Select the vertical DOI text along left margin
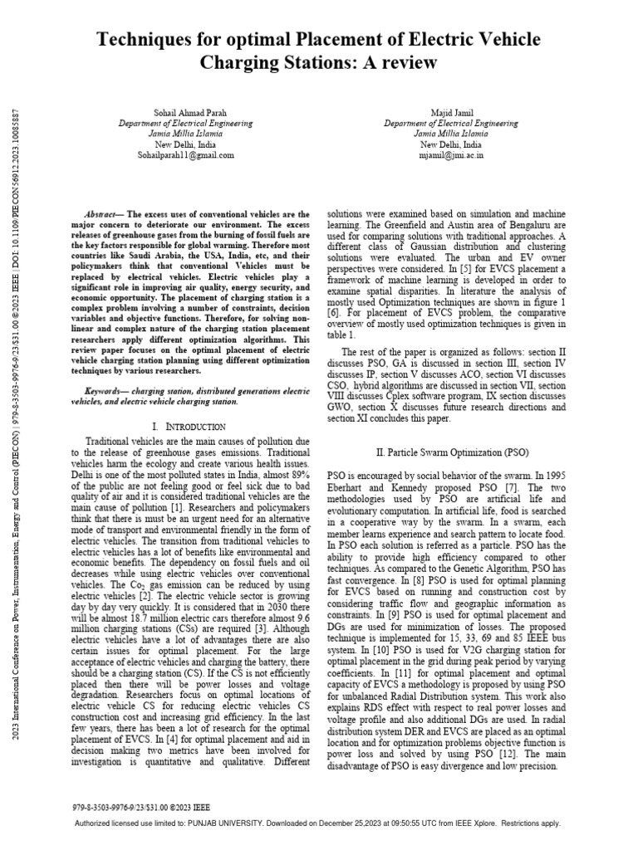click(18, 415)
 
